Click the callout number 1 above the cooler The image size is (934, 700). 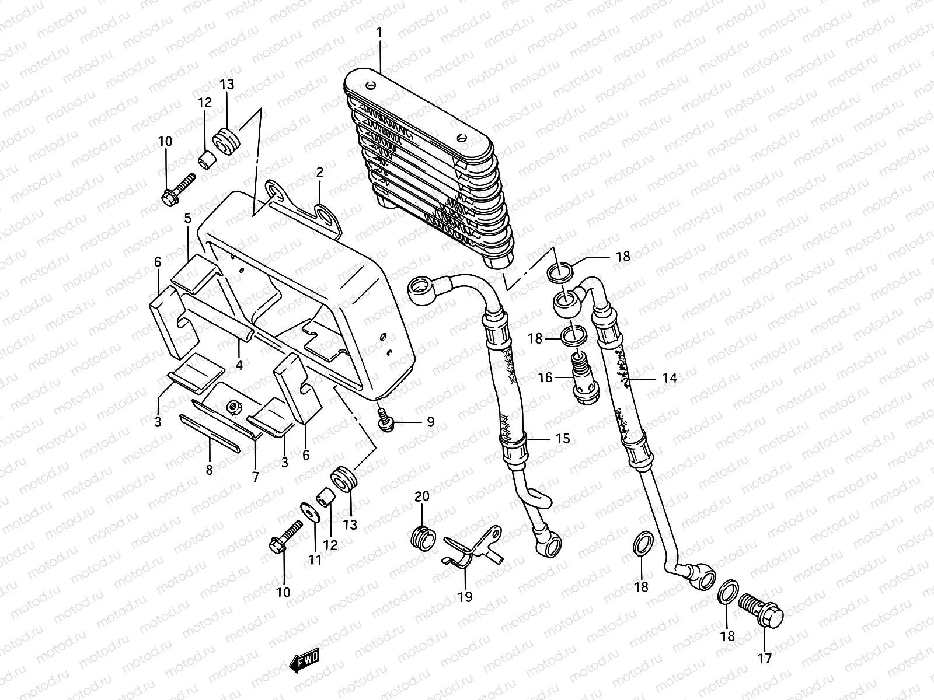(379, 33)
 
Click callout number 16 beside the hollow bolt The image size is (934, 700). (545, 378)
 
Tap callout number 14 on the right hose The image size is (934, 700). (670, 378)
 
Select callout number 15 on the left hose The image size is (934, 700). (562, 438)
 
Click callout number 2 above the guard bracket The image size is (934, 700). (319, 172)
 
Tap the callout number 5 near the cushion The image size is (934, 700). (188, 219)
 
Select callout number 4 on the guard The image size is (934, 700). (239, 366)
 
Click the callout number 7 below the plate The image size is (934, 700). (255, 477)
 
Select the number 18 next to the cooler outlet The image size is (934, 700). (623, 257)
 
